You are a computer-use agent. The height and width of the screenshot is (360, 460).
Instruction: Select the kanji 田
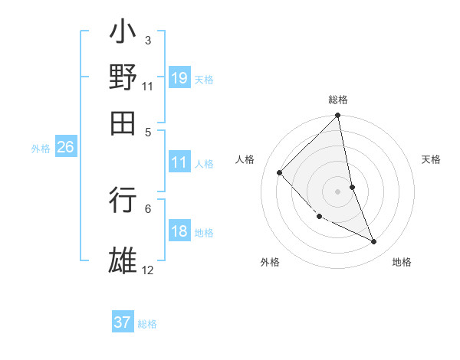(x=123, y=121)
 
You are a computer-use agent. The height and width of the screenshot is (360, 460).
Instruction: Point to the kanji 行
(x=123, y=200)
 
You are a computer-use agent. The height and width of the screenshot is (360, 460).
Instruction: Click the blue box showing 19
(x=179, y=77)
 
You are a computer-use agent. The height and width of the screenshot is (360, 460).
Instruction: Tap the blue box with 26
(x=65, y=147)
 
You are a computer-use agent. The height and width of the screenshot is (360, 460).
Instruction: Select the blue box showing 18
(x=179, y=231)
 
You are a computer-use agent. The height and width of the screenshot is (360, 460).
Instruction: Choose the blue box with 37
(x=123, y=322)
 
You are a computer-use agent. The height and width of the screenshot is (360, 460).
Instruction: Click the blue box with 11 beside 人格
(x=179, y=162)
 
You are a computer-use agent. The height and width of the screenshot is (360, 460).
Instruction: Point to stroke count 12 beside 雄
(x=148, y=270)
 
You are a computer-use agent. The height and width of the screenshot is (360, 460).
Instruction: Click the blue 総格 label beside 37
(x=147, y=324)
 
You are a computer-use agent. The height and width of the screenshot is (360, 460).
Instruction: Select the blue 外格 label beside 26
(x=41, y=149)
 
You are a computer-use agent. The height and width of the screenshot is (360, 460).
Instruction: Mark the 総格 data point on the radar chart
(x=337, y=116)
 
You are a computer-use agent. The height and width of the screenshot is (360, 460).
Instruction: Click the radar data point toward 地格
(x=374, y=242)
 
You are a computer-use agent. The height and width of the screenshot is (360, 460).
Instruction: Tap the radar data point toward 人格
(x=280, y=172)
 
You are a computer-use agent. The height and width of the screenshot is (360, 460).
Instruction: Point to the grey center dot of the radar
(x=337, y=191)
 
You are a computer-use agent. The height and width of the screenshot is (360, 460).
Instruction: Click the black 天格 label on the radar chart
(x=431, y=159)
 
